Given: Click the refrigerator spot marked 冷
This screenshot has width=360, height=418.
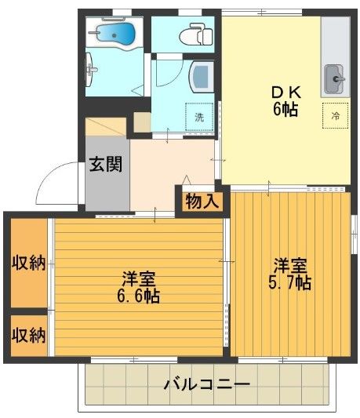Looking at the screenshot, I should click(335, 115).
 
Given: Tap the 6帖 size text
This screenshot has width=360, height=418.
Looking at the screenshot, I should click(284, 109).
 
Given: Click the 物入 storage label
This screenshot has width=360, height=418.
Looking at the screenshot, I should click(202, 201).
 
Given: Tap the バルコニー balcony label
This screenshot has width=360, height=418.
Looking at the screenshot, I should click(206, 385).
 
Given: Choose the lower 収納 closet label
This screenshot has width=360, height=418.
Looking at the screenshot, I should click(27, 335).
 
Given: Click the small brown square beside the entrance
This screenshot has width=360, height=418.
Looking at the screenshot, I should click(142, 123).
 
